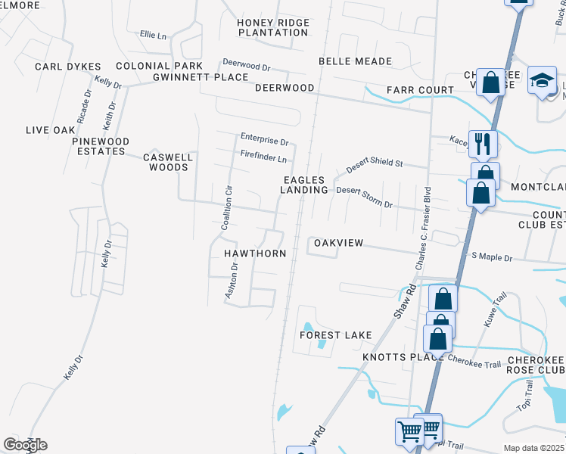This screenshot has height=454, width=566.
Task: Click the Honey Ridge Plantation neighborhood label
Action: click(273, 27)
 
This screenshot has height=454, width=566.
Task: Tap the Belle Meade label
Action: click(355, 61)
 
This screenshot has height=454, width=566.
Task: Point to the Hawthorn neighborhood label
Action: click(255, 253)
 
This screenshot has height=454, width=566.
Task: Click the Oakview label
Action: click(339, 243)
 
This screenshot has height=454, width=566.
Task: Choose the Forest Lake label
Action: click(336, 335)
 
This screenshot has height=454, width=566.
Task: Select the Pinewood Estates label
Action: click(101, 146)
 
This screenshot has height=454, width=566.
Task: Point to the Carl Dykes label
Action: click(67, 67)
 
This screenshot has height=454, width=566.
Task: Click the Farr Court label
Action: click(420, 90)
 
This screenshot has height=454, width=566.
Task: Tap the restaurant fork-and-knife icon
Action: click(482, 141)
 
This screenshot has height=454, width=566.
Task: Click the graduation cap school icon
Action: click(542, 80)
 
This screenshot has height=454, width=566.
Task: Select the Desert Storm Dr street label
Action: click(365, 197)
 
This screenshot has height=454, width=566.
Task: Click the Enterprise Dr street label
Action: click(265, 140)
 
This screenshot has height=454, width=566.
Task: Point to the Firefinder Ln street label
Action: click(263, 159)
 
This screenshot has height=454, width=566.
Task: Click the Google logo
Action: click(25, 445)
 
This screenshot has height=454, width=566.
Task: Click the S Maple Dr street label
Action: click(492, 258)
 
